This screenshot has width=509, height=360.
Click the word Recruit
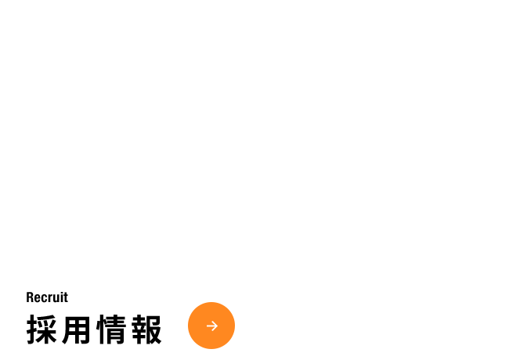click(47, 297)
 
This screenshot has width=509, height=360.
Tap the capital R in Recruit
click(30, 297)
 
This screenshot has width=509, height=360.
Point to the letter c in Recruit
click(43, 299)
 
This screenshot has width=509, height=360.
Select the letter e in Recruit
click(37, 299)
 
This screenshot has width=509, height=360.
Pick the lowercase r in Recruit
click(49, 299)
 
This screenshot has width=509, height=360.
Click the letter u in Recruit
click(55, 299)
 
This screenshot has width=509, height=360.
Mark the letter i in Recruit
click(60, 297)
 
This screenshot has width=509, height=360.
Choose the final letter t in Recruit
click(65, 297)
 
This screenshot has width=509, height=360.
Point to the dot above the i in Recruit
click(60, 293)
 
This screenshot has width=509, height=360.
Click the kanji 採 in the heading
click(42, 329)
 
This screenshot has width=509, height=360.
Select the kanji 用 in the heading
click(76, 329)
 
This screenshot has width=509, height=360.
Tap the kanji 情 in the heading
click(111, 329)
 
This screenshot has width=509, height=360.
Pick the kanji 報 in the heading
click(146, 329)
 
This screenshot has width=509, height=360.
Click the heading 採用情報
click(94, 329)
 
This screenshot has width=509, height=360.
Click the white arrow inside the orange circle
click(212, 326)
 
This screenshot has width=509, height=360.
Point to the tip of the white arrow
click(218, 326)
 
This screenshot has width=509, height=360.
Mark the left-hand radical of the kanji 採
click(32, 329)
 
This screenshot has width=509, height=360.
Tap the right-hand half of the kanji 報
click(154, 329)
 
